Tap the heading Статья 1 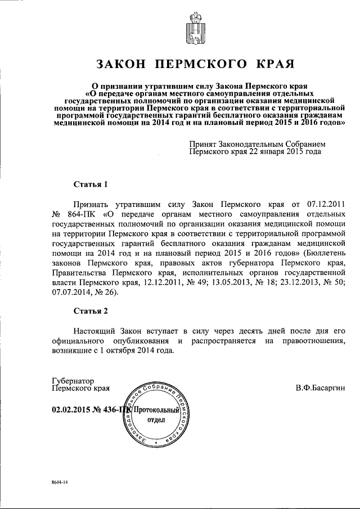pyautogui.click(x=90, y=184)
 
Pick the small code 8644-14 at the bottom pyautogui.click(x=56, y=483)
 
